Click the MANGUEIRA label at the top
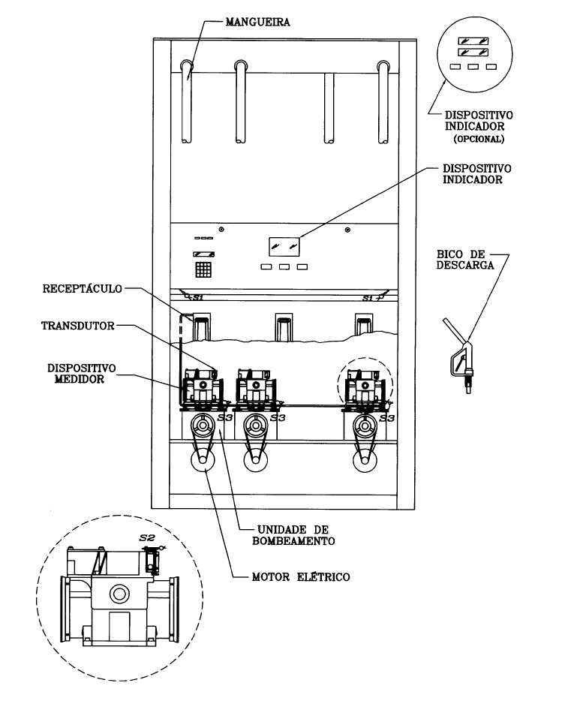[x=257, y=22]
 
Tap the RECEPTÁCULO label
[x=83, y=289]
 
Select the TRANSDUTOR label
[x=78, y=326]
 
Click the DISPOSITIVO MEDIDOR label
[x=76, y=374]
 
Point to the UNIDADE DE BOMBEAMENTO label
[x=293, y=535]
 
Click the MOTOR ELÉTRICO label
[x=300, y=577]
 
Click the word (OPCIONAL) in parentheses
[x=479, y=139]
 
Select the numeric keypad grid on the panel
[x=203, y=269]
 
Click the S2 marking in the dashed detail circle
[x=147, y=537]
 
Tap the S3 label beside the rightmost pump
[x=386, y=418]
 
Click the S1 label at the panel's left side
[x=198, y=297]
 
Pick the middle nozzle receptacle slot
[x=284, y=326]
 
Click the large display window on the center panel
[x=284, y=246]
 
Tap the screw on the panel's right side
[x=347, y=230]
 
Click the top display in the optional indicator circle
[x=473, y=41]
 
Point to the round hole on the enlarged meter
[x=119, y=594]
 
